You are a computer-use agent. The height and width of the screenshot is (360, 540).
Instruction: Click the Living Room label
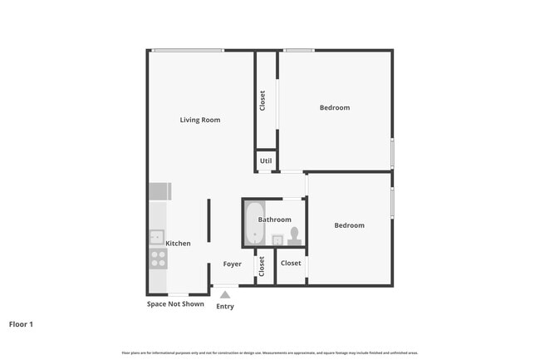200,120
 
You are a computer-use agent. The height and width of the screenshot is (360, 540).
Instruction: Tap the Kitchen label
178,244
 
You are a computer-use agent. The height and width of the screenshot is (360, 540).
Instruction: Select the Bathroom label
274,219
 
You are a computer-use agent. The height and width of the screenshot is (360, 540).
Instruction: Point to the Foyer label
232,264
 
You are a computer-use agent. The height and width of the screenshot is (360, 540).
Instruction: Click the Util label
266,160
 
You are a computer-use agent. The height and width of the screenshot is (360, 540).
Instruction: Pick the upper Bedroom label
335,107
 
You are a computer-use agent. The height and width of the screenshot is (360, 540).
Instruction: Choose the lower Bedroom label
349,225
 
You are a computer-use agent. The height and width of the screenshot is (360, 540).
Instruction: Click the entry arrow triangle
224,293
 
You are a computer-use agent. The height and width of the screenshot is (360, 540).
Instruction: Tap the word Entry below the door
225,306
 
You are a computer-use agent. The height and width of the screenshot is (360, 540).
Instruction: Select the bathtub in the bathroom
253,224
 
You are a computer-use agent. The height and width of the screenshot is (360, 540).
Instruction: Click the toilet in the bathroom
294,234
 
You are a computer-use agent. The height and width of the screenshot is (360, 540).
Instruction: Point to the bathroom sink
277,239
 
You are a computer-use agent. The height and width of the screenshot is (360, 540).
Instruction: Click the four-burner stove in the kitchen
157,259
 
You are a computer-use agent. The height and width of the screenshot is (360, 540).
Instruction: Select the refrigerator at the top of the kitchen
158,192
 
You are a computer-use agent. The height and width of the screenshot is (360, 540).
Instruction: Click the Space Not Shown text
175,304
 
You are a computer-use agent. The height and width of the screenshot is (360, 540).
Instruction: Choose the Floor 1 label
21,324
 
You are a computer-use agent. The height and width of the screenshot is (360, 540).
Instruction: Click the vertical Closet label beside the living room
263,101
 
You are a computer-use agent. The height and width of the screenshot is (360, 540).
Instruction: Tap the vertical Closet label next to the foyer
262,266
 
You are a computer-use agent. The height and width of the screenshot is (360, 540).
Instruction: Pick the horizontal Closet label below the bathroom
291,264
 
